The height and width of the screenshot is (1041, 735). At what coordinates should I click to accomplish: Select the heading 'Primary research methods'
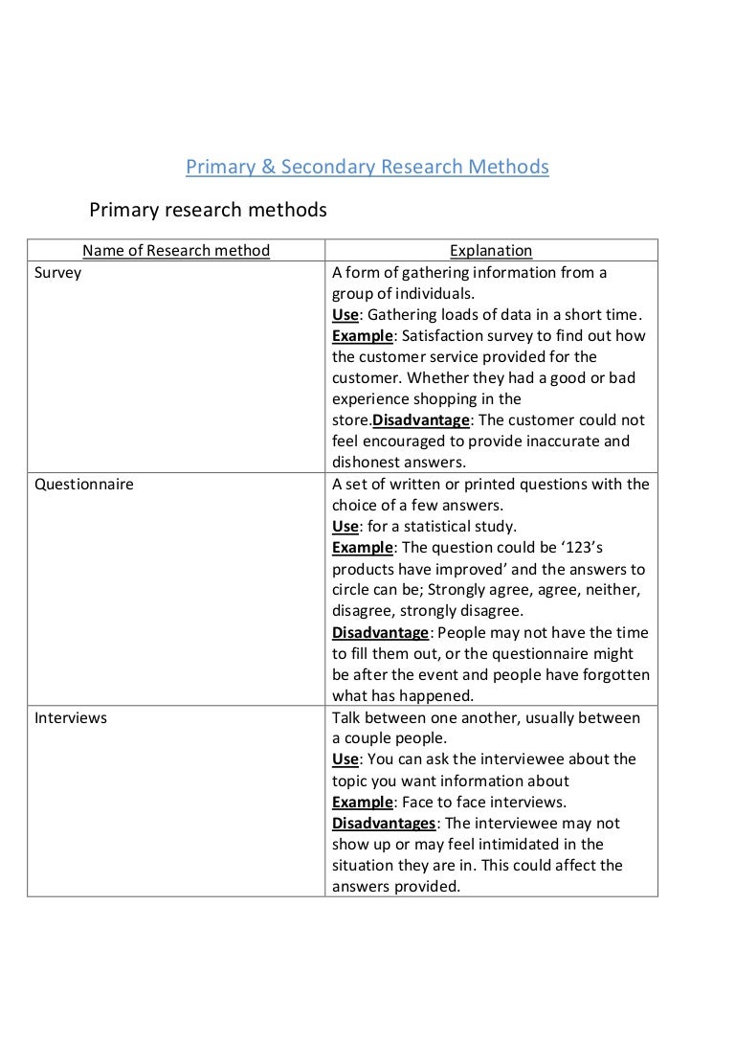coord(208,210)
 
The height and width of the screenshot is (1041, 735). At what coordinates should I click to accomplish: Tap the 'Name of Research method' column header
coord(176,251)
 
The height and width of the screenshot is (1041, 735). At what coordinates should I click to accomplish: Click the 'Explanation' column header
coord(491,251)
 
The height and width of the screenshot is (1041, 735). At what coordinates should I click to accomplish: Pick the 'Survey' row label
coord(58,273)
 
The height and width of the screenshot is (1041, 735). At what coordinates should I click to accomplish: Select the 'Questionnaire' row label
coord(84,485)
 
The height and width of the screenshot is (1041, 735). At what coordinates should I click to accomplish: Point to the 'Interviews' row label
coord(71,717)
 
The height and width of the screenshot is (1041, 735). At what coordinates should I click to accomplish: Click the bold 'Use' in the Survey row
coord(345,315)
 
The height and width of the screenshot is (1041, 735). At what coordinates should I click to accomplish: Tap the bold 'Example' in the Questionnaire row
coord(363,548)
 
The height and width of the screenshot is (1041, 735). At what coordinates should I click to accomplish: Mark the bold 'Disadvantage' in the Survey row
coord(421,420)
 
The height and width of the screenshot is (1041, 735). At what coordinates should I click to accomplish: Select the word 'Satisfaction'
coord(445,336)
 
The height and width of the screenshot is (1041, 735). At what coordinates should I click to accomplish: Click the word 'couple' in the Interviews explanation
coord(369,738)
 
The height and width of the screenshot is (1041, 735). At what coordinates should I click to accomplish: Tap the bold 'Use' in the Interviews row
coord(345,759)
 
